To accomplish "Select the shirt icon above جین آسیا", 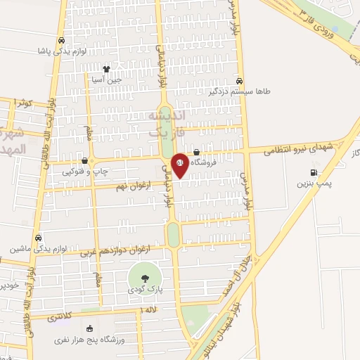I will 106,69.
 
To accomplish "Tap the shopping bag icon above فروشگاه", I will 196,151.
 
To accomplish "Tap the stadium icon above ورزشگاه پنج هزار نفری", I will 89,328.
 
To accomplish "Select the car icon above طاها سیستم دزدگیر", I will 240,80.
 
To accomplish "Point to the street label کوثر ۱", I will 25,103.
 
